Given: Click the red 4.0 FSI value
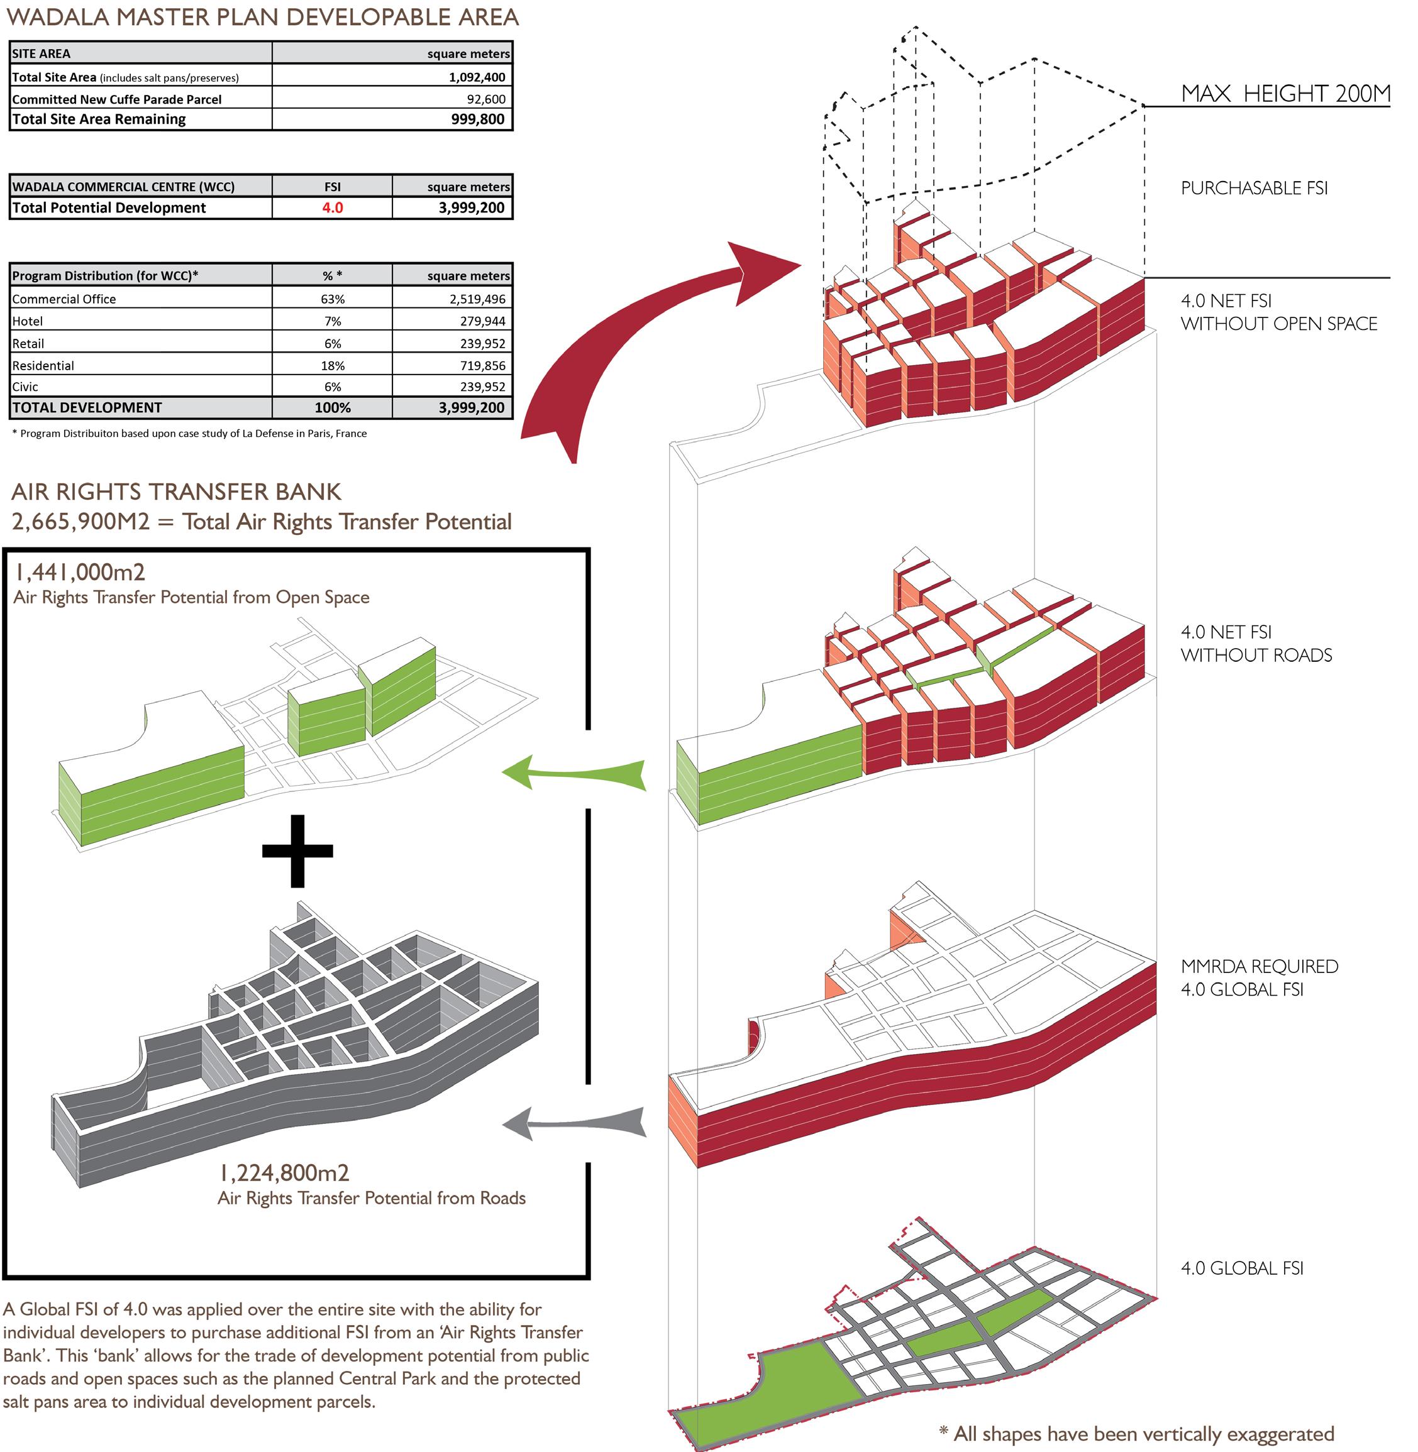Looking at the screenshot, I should point(332,208).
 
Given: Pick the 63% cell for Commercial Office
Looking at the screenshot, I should point(332,299).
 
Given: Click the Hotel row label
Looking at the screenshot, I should point(28,321).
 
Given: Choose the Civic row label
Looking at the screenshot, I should point(25,387).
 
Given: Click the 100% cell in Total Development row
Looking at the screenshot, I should point(332,407).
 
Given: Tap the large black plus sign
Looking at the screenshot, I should point(297,850).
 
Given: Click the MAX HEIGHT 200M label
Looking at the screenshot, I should point(1285,94).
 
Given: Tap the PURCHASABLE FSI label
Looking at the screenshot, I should point(1254,189).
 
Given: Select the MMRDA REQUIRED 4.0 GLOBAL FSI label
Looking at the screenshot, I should point(1259,977).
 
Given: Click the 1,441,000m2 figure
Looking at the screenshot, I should point(80,572).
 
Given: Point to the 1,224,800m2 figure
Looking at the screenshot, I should point(284,1173).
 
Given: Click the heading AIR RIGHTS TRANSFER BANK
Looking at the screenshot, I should point(177,492).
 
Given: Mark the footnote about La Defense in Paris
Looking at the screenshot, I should point(190,433).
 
